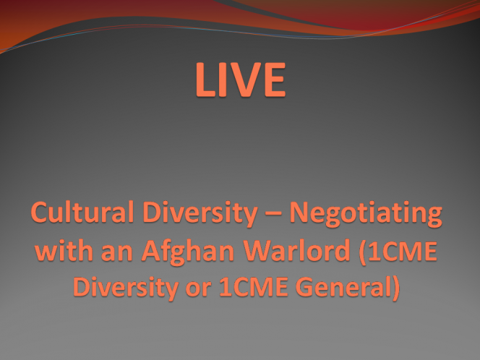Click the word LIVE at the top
(x=241, y=80)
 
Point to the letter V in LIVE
(x=247, y=80)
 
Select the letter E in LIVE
(x=275, y=80)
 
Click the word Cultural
(x=82, y=212)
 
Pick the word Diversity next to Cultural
(x=200, y=213)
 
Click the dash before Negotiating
(x=273, y=213)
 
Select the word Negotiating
(x=366, y=213)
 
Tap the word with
(x=64, y=250)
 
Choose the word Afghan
(x=188, y=252)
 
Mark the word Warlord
(x=296, y=250)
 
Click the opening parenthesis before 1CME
(x=362, y=252)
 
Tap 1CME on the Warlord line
(x=403, y=251)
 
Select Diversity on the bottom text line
(x=126, y=288)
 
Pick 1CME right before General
(x=254, y=287)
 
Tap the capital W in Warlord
(x=258, y=251)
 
